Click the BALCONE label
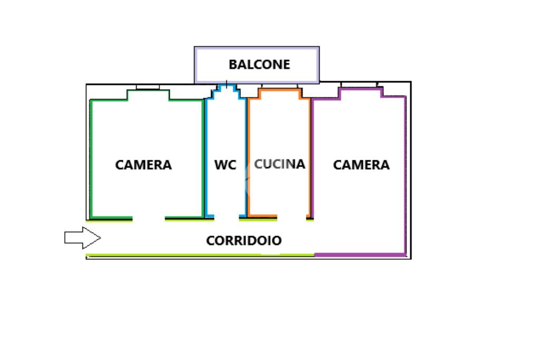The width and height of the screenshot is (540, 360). pos(259,64)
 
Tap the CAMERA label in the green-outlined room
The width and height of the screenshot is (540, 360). pos(143,165)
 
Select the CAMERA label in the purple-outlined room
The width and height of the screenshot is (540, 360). pos(361,165)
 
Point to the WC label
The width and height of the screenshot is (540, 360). pos(225,165)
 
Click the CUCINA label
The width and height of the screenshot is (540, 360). pos(279,164)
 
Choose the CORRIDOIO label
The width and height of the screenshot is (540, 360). pos(244,241)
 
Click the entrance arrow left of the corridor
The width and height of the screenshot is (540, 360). pos(82,238)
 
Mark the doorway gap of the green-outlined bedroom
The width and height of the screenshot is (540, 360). pos(148,218)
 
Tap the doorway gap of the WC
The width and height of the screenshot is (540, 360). pos(227,217)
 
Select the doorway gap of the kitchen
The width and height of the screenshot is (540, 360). pos(293,217)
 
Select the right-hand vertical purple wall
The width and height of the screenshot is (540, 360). pos(404,174)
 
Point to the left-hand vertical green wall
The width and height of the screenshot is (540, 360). pos(90,158)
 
